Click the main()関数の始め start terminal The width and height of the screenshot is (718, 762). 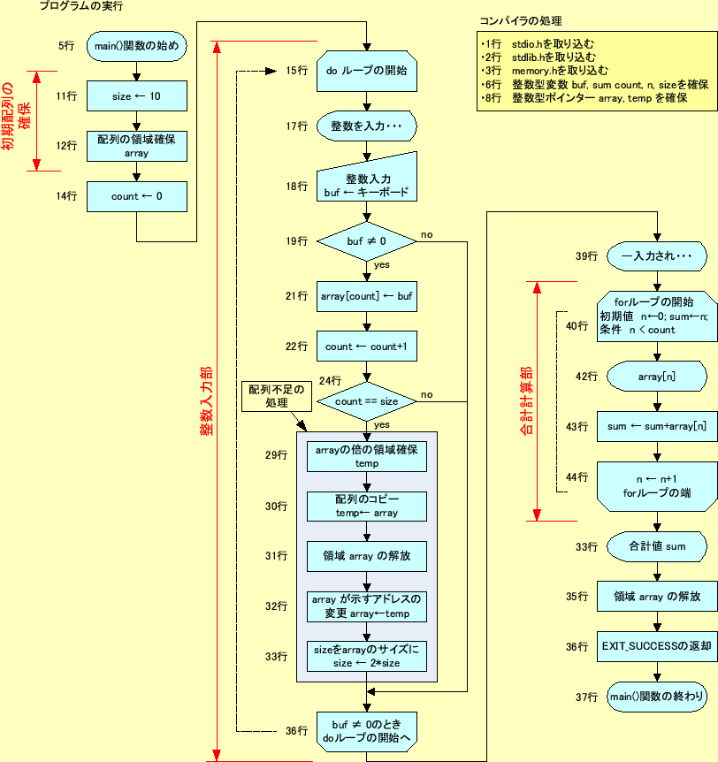136,46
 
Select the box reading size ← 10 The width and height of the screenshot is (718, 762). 136,95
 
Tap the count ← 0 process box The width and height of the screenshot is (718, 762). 136,196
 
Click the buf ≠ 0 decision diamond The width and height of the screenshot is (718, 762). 366,240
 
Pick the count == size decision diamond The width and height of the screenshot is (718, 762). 366,400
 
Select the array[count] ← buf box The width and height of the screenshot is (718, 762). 366,297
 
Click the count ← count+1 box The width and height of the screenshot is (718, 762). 366,347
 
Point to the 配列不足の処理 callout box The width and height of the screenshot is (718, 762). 275,396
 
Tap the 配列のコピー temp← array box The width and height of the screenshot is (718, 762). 366,507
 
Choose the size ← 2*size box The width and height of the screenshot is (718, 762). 366,655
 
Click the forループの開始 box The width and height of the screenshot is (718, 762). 654,316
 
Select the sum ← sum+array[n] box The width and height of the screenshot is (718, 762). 654,427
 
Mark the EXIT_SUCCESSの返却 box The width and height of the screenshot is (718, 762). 654,646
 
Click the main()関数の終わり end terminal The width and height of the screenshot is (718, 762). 654,697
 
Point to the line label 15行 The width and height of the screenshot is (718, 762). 296,71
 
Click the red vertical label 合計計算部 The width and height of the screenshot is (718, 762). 526,400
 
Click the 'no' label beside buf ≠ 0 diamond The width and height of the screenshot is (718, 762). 426,234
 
